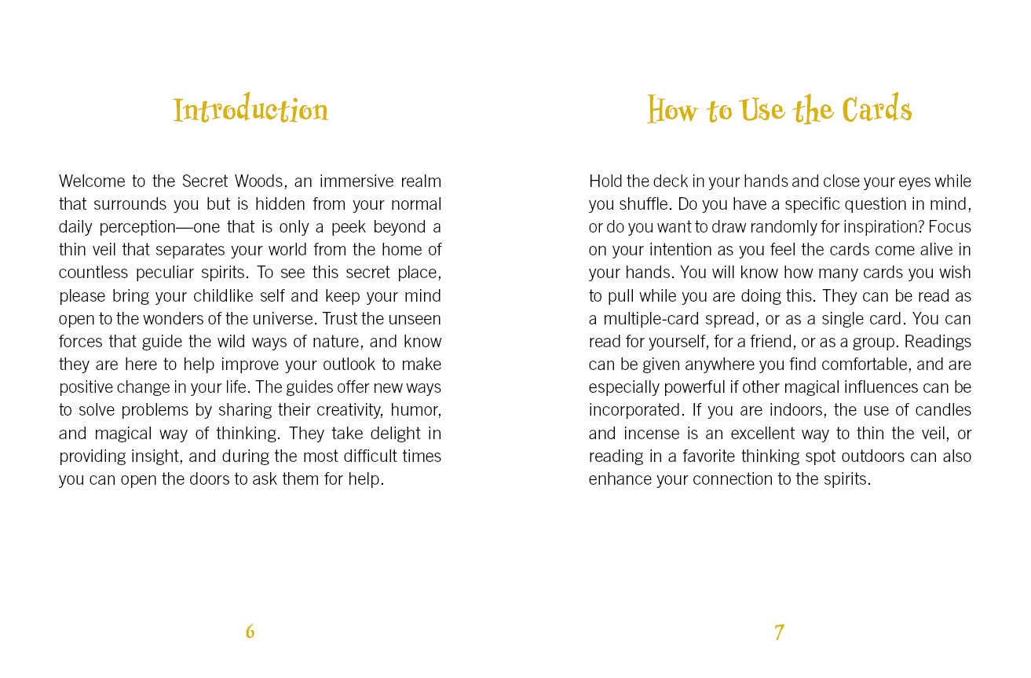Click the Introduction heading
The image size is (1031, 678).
click(x=250, y=110)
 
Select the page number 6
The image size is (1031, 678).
click(x=250, y=631)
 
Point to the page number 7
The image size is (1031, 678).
click(x=779, y=632)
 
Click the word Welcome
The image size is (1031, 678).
click(x=90, y=181)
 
